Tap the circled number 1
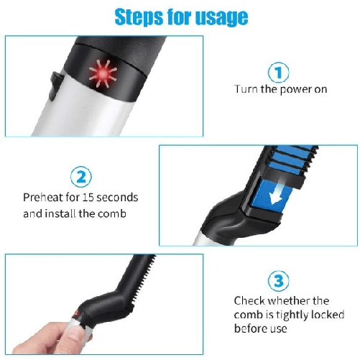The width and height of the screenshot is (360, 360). [279, 73]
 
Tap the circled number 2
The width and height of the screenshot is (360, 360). [80, 177]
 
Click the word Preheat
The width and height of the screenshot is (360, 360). [41, 198]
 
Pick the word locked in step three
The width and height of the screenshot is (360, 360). [327, 315]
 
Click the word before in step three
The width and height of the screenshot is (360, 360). [251, 329]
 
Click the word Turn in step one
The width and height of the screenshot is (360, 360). [246, 90]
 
